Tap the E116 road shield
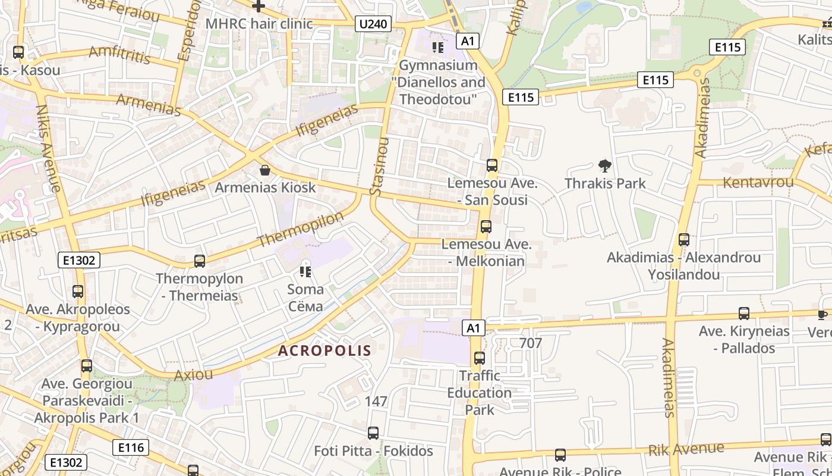point(131,447)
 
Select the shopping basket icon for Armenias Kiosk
point(265,170)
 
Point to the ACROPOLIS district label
point(324,351)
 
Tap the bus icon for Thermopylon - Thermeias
point(200,261)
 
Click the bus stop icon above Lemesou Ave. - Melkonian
point(486,226)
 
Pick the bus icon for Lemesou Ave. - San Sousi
point(492,165)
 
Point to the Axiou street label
point(193,375)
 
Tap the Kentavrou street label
point(758,182)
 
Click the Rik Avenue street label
point(686,449)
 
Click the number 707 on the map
point(531,343)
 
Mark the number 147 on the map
point(376,402)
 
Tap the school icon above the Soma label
point(306,272)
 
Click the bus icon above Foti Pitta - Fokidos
point(373,433)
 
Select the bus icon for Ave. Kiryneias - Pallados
point(743,313)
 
